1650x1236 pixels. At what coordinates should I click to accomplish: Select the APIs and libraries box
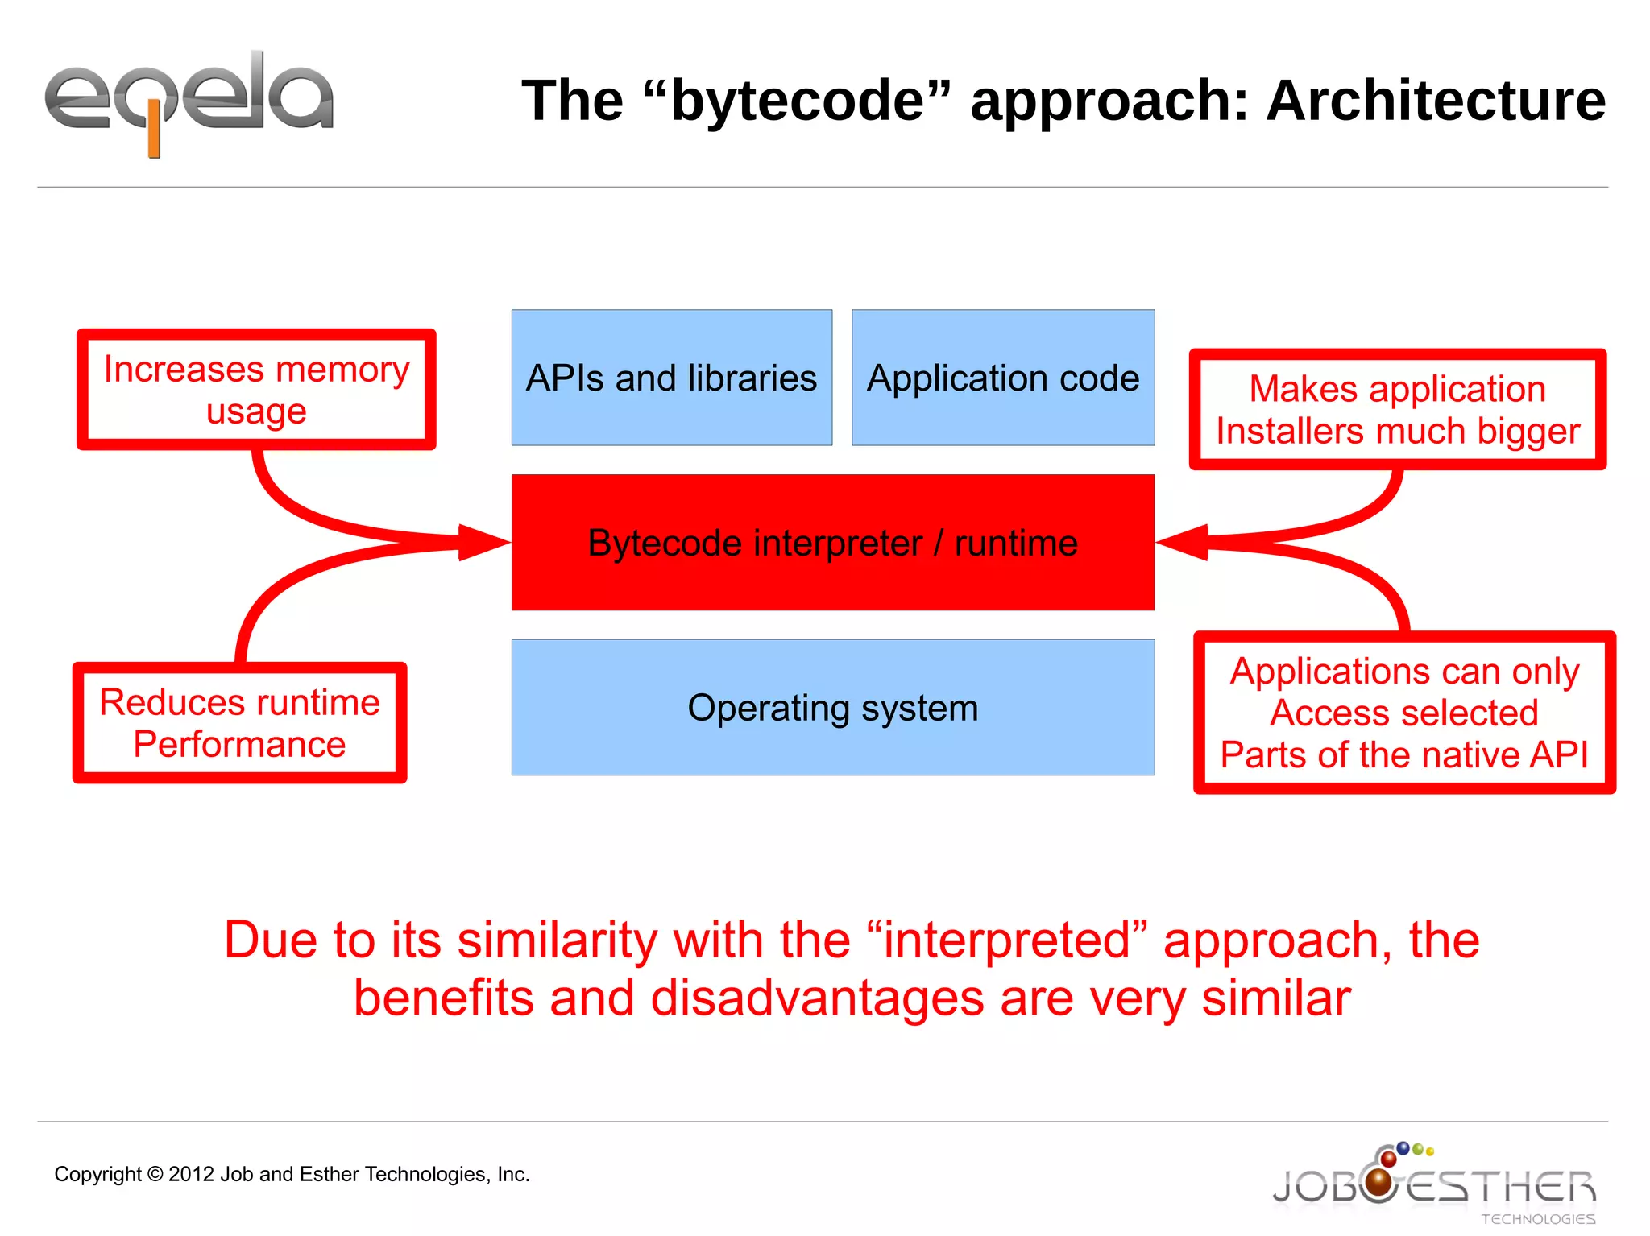coord(671,378)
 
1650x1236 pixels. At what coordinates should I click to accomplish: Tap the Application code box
coord(1002,378)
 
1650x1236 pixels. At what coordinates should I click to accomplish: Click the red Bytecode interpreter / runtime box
coord(832,542)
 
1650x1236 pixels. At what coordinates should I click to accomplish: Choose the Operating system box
coord(832,707)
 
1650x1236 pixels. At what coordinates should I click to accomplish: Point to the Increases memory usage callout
coord(256,390)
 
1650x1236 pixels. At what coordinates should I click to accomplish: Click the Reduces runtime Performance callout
coord(239,722)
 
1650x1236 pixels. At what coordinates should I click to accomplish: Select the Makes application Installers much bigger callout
coord(1397,409)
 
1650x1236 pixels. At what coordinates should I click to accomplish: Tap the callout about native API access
coord(1403,713)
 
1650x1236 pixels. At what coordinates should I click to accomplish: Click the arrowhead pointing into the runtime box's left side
coord(483,542)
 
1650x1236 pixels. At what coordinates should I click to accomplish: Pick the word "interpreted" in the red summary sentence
coord(1007,940)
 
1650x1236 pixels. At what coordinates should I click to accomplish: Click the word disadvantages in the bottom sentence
coord(817,998)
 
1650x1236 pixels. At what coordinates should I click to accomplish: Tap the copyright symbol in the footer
coord(155,1174)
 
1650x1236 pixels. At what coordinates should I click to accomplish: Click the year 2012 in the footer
coord(191,1174)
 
